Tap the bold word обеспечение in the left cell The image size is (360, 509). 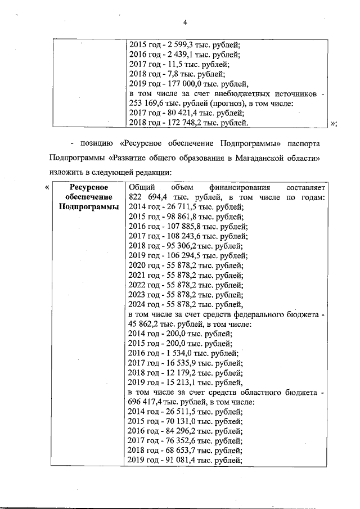[87, 197]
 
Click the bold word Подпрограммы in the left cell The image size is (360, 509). [87, 207]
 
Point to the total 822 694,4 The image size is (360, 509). [150, 197]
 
